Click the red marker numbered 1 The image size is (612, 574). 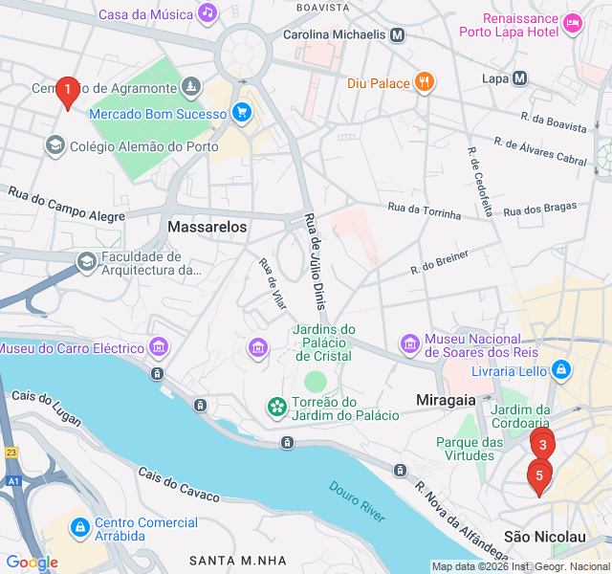[67, 92]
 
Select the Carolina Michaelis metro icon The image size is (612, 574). [398, 34]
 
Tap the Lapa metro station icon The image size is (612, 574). [519, 78]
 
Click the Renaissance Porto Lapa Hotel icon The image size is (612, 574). [573, 22]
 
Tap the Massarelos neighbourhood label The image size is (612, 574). [207, 228]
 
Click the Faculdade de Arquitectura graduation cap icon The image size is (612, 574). [87, 261]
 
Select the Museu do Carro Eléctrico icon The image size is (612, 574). [160, 346]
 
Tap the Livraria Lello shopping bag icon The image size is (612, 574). [561, 368]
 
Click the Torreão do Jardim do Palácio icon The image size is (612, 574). [276, 408]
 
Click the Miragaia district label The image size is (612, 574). [447, 397]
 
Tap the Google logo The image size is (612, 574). [32, 563]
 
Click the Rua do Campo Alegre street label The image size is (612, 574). [67, 205]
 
